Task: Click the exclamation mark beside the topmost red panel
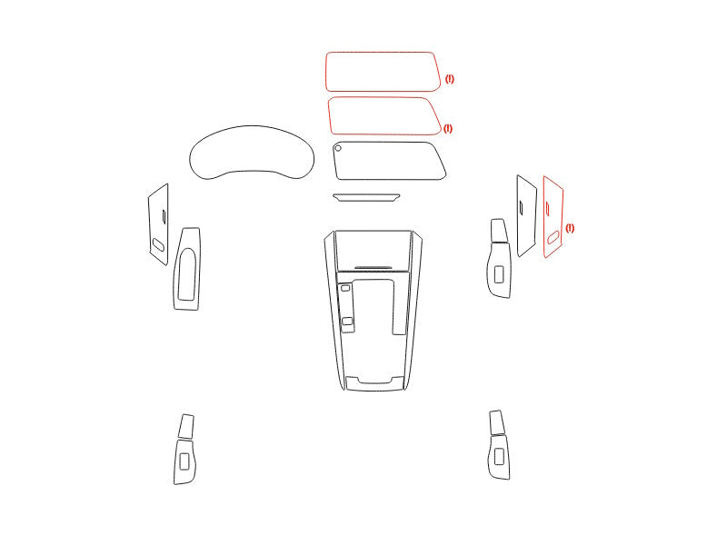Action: [449, 79]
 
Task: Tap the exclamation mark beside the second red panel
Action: [448, 128]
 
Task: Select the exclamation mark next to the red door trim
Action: [570, 228]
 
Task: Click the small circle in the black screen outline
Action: [338, 148]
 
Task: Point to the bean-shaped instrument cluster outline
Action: [252, 126]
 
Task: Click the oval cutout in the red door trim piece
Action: [553, 238]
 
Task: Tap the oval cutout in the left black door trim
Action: [158, 244]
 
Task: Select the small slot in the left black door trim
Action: [164, 215]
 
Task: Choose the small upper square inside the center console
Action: [345, 288]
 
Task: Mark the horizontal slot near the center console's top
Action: [373, 267]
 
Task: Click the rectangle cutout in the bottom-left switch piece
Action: [184, 461]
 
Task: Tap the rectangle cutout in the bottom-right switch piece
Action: [499, 457]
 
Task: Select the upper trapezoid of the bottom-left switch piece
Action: [186, 426]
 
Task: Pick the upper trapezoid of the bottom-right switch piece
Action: [496, 422]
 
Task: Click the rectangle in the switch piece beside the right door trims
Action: [499, 274]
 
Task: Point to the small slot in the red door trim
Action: [548, 209]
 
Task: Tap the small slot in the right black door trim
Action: [521, 208]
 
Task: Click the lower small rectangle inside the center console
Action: [347, 322]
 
